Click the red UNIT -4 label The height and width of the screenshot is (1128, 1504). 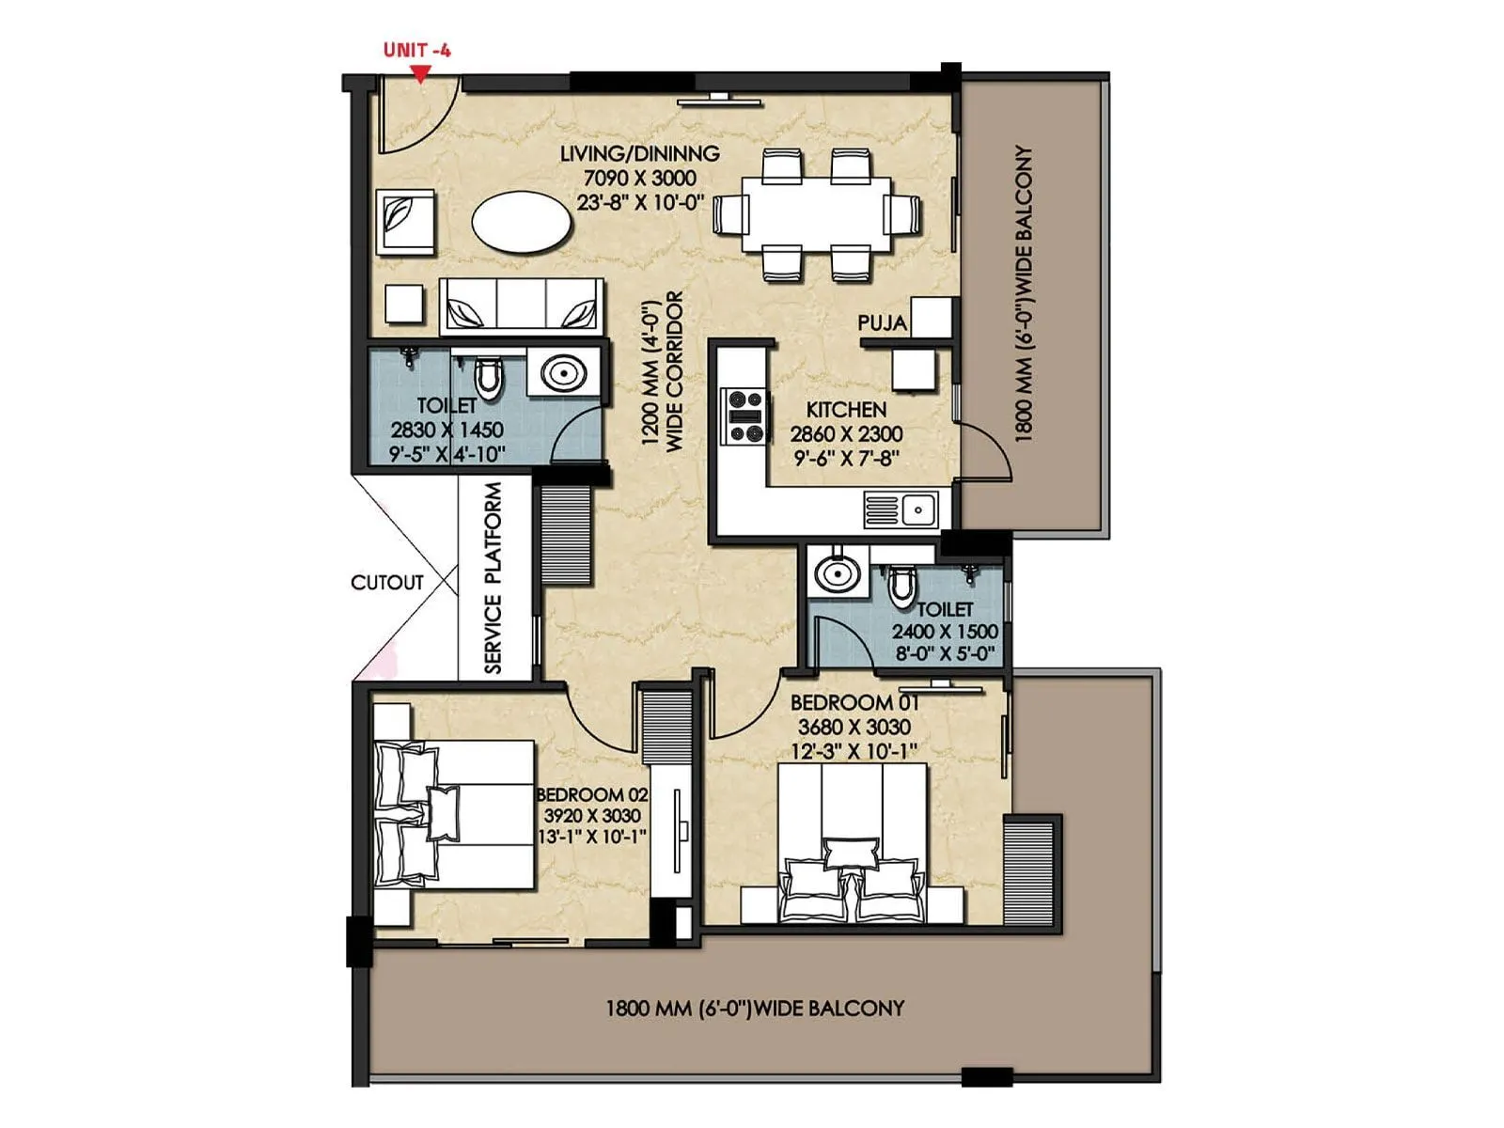416,50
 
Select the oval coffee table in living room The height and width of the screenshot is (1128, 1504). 521,223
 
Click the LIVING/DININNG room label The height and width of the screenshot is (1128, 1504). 640,153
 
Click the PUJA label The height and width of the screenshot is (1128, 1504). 882,323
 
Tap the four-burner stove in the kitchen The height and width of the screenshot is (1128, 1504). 745,415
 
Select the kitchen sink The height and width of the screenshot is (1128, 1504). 918,510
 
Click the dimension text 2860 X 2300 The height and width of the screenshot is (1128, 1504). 846,434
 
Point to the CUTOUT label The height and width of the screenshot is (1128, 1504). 386,583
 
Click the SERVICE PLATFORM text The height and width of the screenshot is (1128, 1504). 493,578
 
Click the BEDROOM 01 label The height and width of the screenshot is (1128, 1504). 854,702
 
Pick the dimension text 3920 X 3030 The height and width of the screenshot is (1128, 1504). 592,816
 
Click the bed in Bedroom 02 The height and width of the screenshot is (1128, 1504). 456,814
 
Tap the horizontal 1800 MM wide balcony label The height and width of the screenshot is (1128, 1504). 754,1009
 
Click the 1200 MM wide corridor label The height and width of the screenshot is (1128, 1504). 662,372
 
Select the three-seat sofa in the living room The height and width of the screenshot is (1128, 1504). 522,305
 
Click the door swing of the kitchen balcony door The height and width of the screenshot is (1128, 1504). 987,451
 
